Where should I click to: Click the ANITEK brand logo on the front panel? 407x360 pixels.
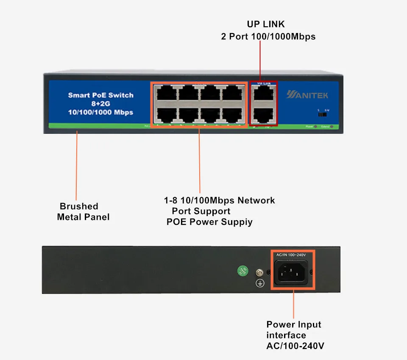[x=307, y=95]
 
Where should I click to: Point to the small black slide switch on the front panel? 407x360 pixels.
[x=323, y=114]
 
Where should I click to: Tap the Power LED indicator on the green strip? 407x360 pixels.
[x=316, y=127]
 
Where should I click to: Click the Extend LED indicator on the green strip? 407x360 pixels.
[x=331, y=127]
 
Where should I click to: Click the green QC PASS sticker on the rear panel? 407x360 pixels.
[x=242, y=271]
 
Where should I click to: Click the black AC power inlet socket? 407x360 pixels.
[x=293, y=271]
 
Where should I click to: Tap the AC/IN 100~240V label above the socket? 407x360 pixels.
[x=291, y=255]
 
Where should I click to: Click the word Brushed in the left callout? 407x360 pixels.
[x=79, y=206]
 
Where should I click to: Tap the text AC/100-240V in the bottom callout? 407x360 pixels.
[x=295, y=346]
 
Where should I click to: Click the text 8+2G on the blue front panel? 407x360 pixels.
[x=100, y=104]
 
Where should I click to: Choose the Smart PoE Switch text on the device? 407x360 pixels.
[x=100, y=95]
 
